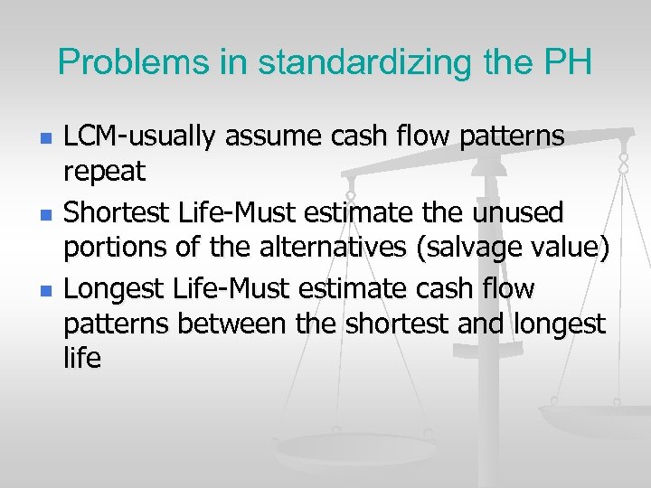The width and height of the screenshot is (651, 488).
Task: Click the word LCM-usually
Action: pyautogui.click(x=140, y=137)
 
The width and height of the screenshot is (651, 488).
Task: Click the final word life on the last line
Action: pyautogui.click(x=82, y=356)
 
